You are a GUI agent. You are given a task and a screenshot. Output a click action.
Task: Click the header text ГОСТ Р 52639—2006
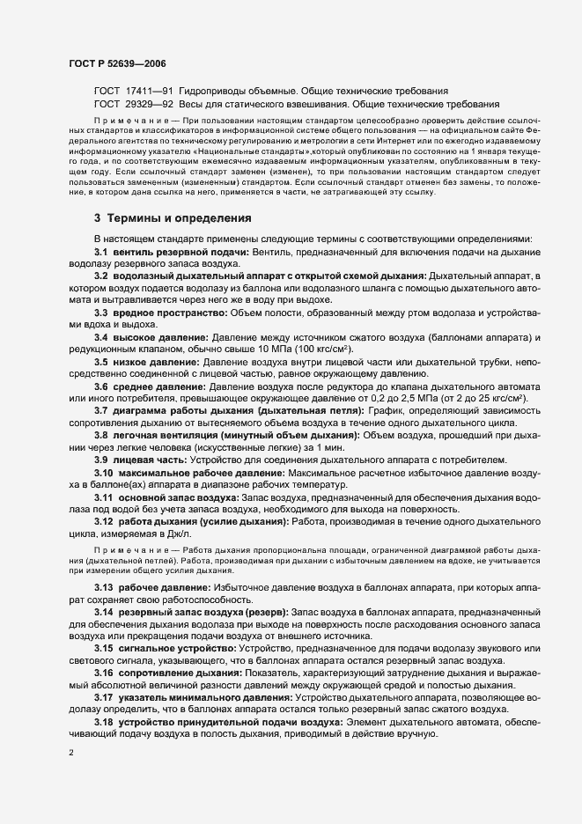(x=116, y=64)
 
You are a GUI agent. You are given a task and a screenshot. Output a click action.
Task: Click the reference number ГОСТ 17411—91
(x=133, y=91)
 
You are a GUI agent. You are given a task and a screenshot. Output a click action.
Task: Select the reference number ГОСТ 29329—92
(x=133, y=104)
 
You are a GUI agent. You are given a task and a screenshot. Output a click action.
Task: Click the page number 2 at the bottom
(x=71, y=753)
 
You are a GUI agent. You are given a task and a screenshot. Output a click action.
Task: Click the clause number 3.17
(x=105, y=697)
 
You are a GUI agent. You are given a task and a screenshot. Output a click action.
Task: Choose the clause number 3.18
(x=105, y=722)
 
